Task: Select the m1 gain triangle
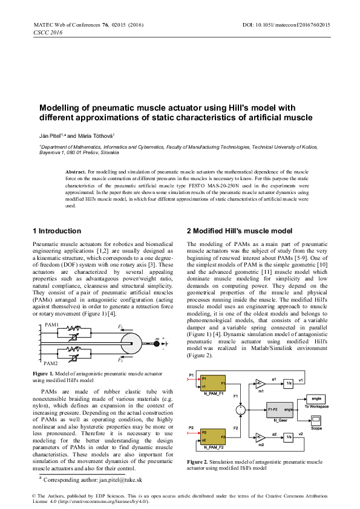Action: click(x=260, y=383)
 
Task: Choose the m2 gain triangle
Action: click(x=260, y=436)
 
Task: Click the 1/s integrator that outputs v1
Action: click(x=289, y=383)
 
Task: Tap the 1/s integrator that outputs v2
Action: click(x=289, y=436)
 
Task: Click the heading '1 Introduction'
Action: click(x=56, y=231)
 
